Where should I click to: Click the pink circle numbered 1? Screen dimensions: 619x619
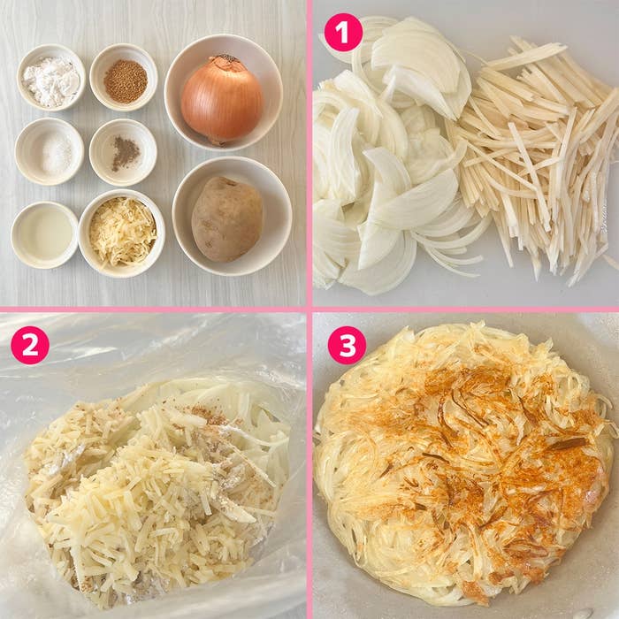343,33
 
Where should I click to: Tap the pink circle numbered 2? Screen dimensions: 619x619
29,346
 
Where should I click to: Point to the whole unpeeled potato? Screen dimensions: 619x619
226,218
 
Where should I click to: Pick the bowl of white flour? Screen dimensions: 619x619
51,78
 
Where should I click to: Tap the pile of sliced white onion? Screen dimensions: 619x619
389,177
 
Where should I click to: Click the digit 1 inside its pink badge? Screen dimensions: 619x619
343,33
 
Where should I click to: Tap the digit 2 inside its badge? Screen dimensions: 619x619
29,346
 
